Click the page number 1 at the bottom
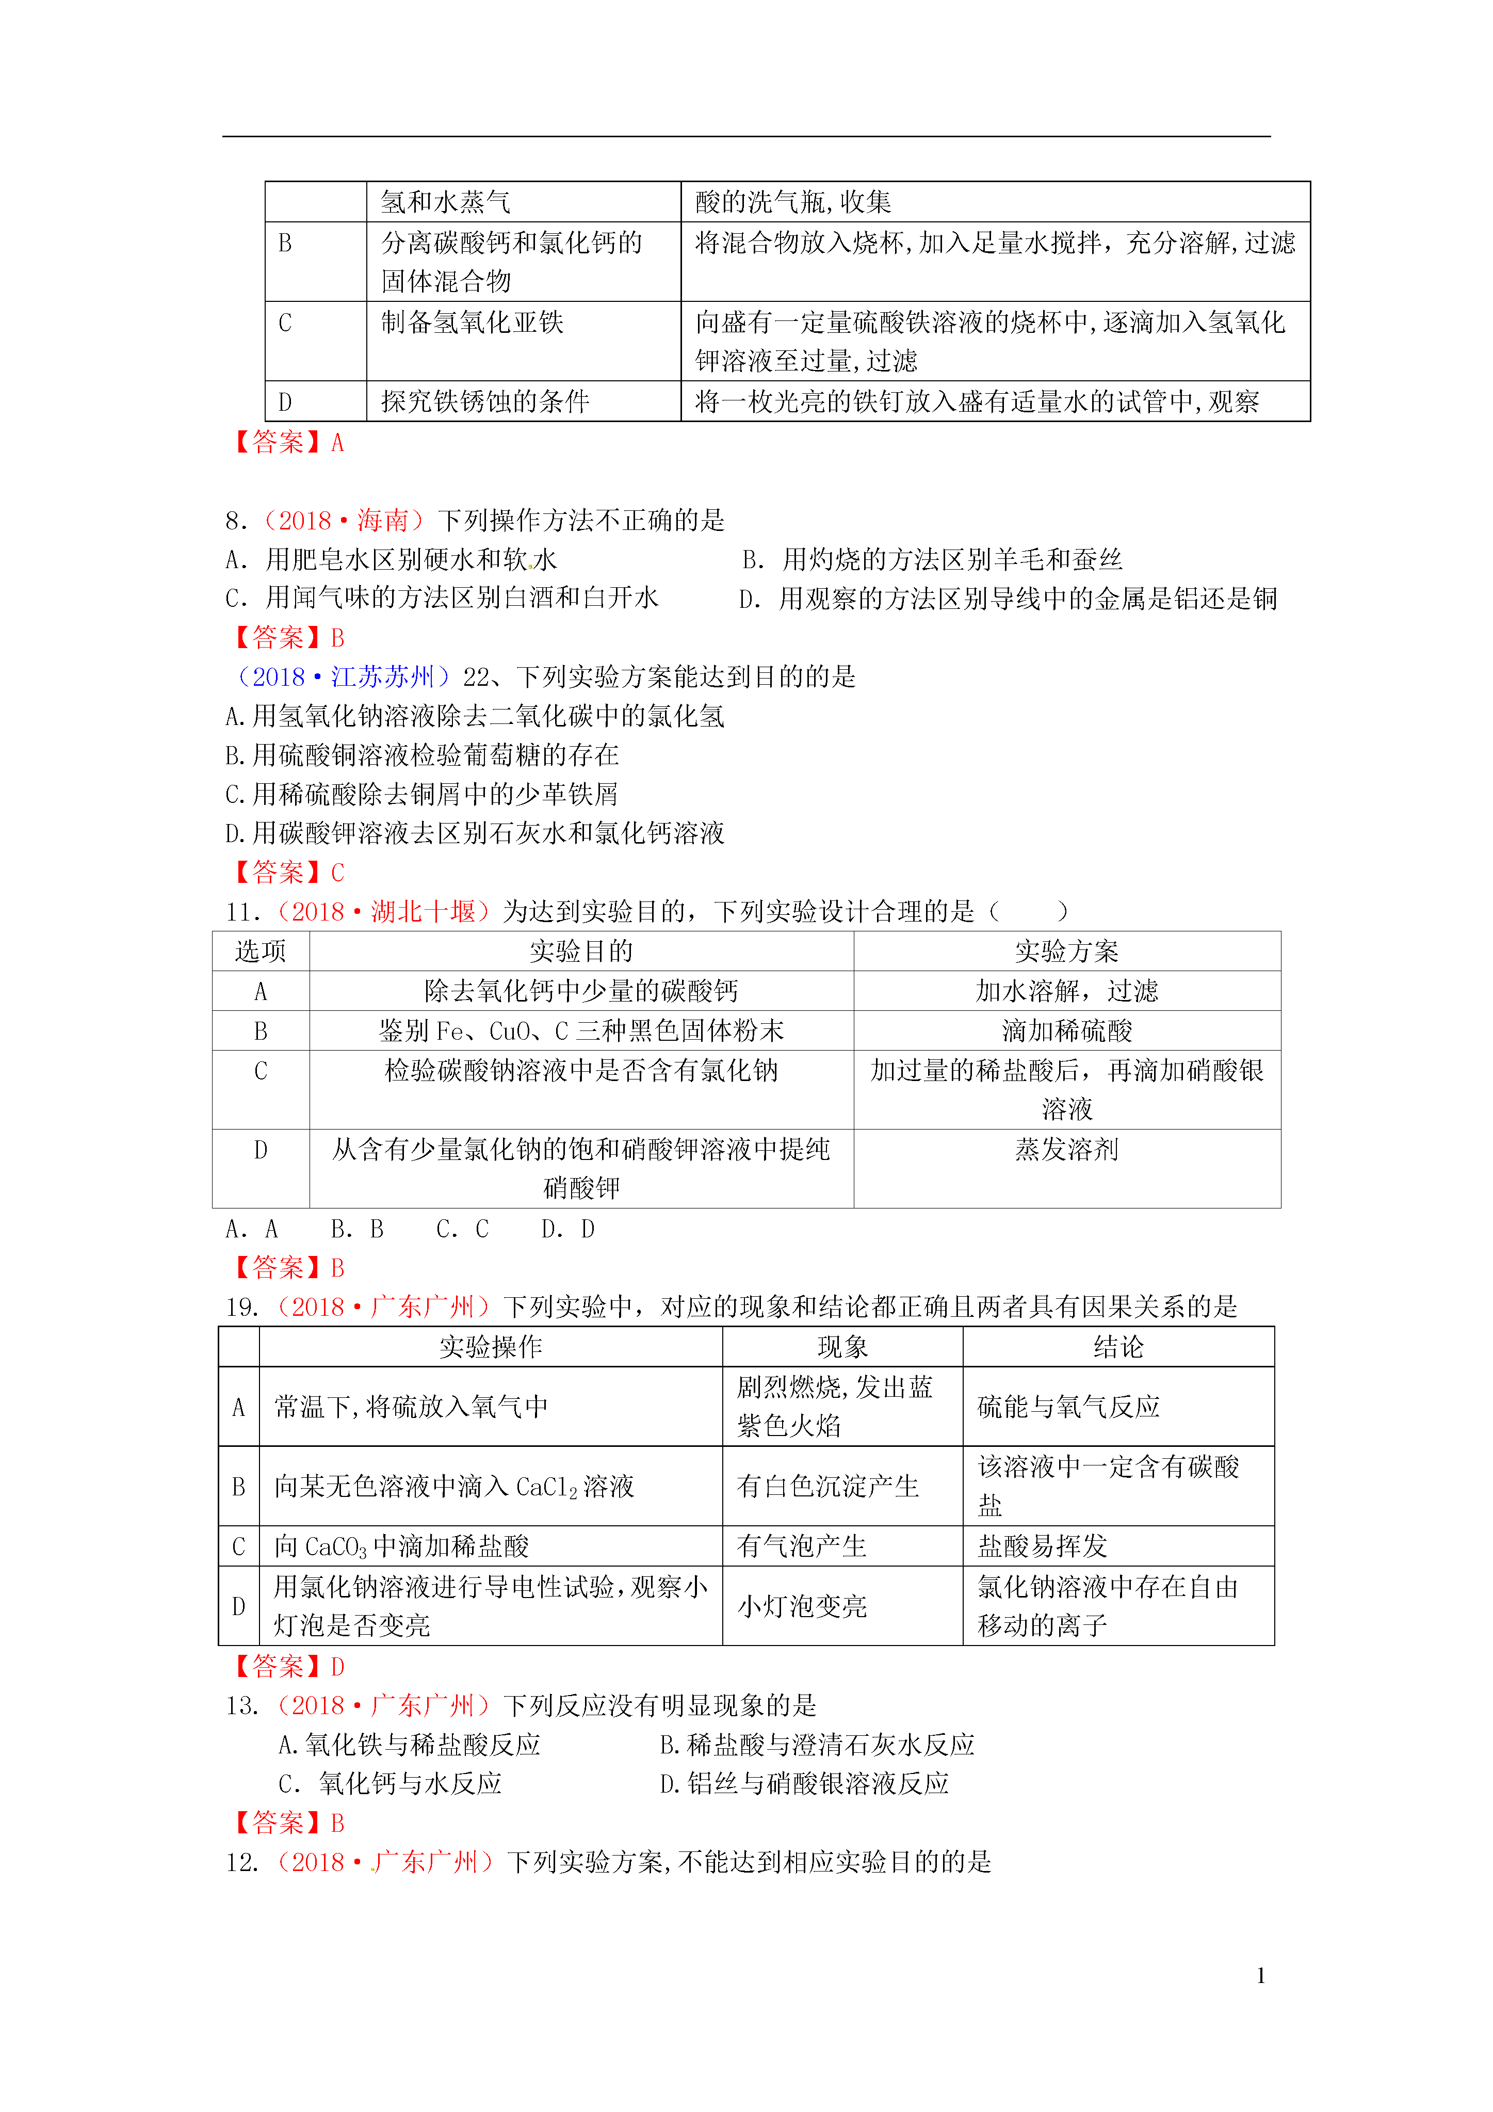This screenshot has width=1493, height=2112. click(x=1260, y=1974)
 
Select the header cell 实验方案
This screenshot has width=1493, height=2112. click(x=1066, y=951)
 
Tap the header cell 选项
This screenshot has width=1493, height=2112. click(x=261, y=951)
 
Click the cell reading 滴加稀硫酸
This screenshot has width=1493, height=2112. click(x=1066, y=1030)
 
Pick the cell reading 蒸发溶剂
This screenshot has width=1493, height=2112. click(x=1066, y=1149)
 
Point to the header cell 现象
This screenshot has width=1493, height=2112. click(x=842, y=1347)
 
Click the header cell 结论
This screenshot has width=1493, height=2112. click(x=1117, y=1347)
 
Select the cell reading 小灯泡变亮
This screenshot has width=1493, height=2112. click(x=802, y=1606)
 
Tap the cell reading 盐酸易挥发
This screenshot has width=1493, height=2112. click(x=1042, y=1546)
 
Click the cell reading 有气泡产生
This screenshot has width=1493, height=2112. click(x=802, y=1546)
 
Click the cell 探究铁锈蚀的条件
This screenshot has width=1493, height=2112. click(x=485, y=401)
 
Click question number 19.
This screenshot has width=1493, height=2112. click(x=242, y=1307)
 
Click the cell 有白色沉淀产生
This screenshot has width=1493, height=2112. click(x=828, y=1487)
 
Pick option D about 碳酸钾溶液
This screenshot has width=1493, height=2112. click(x=475, y=833)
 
